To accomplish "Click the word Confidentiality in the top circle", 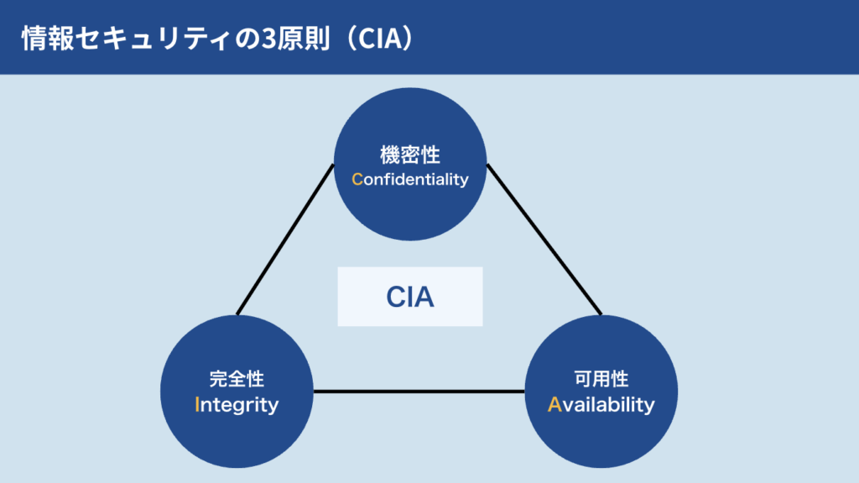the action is pyautogui.click(x=409, y=179).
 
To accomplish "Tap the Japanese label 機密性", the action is pyautogui.click(x=409, y=155).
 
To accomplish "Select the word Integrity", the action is pyautogui.click(x=237, y=405).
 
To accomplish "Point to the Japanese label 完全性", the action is pyautogui.click(x=237, y=378).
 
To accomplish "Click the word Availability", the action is pyautogui.click(x=601, y=405).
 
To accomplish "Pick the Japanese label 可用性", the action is pyautogui.click(x=601, y=378).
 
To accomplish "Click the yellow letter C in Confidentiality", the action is pyautogui.click(x=357, y=179).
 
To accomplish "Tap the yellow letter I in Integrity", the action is pyautogui.click(x=196, y=404).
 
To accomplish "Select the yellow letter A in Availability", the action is pyautogui.click(x=554, y=404).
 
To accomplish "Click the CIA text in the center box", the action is pyautogui.click(x=409, y=297).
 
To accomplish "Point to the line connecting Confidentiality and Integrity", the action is pyautogui.click(x=285, y=239).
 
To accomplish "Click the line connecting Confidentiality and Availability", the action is pyautogui.click(x=544, y=239).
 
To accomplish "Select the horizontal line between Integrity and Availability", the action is pyautogui.click(x=419, y=392).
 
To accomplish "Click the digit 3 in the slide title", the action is pyautogui.click(x=268, y=39).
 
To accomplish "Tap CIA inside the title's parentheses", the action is pyautogui.click(x=376, y=39).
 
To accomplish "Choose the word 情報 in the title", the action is pyautogui.click(x=47, y=39).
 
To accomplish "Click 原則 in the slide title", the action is pyautogui.click(x=303, y=39).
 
